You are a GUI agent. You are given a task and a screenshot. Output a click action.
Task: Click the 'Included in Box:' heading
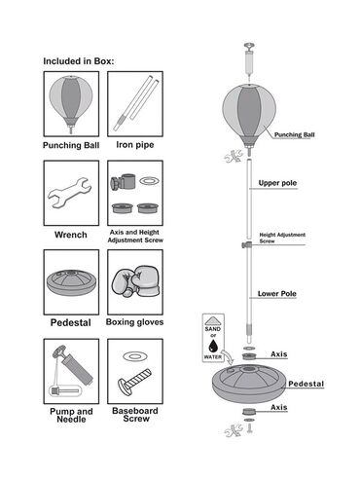click(x=79, y=61)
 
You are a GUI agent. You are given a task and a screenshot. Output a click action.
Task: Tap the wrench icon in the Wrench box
click(x=70, y=193)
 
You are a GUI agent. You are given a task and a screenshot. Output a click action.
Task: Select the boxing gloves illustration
click(x=136, y=281)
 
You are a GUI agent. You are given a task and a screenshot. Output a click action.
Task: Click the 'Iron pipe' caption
click(x=135, y=145)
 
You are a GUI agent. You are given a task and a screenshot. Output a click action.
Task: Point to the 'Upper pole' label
click(x=277, y=183)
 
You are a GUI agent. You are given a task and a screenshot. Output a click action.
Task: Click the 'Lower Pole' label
click(x=277, y=294)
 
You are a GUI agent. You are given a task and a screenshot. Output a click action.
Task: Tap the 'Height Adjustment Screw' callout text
click(x=282, y=238)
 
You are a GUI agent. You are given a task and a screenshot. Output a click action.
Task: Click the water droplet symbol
click(x=213, y=346)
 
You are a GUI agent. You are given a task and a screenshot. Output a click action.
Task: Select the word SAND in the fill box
click(x=213, y=329)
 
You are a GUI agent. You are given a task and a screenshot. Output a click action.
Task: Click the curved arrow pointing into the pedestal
click(x=228, y=356)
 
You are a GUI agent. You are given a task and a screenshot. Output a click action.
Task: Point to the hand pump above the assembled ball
click(x=249, y=60)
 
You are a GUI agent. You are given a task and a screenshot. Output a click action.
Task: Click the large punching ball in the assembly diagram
click(x=249, y=115)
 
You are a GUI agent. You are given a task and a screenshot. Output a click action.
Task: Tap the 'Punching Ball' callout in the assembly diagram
click(x=295, y=134)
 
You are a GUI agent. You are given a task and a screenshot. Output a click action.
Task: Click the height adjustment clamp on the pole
click(x=247, y=244)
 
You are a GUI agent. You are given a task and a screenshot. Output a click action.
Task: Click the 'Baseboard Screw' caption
click(x=135, y=415)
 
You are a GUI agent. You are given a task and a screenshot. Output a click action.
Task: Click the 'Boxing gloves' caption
click(x=134, y=322)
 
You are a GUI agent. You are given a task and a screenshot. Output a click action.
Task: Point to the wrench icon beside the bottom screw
click(x=234, y=430)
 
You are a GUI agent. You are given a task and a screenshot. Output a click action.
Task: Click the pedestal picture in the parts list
click(x=71, y=281)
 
